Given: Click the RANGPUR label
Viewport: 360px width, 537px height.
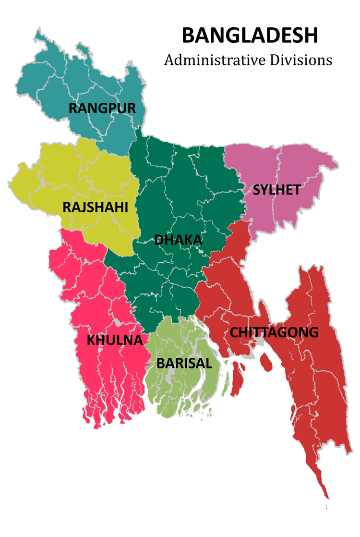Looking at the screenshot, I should click(x=102, y=108).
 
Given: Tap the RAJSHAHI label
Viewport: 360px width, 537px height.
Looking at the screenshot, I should click(x=95, y=207).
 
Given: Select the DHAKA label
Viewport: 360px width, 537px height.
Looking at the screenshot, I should click(x=178, y=240).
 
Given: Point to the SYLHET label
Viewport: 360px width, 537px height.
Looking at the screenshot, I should click(x=276, y=190).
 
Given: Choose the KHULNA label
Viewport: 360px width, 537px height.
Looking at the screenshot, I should click(x=115, y=340).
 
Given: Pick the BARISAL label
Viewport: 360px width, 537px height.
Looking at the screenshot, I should click(x=184, y=363).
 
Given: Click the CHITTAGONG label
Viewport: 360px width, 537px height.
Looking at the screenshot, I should click(x=274, y=332).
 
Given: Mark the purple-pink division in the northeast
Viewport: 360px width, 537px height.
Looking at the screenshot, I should click(x=298, y=168).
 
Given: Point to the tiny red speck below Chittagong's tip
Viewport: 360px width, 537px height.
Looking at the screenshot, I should click(x=326, y=507).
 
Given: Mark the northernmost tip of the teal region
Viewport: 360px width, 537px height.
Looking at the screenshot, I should click(x=38, y=34).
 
